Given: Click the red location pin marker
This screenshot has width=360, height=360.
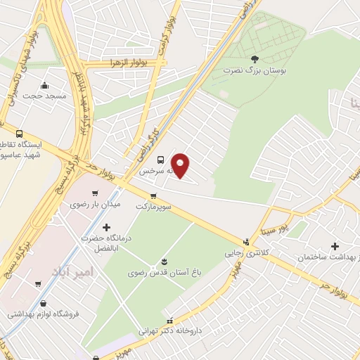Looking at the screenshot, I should click(181, 165).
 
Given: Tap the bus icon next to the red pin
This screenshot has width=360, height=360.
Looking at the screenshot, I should click(161, 159).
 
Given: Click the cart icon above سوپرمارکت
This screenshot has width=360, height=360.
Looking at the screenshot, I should click(153, 196).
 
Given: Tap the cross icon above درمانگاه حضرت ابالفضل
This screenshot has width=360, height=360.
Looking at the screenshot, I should click(106, 227).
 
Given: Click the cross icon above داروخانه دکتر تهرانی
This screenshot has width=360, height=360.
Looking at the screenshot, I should click(164, 317).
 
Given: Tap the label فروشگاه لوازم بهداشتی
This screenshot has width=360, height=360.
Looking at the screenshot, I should click(44, 314).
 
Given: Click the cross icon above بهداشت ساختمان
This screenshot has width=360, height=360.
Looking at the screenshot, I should click(335, 247).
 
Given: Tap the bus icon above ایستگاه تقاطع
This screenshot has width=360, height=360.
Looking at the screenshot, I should click(18, 133).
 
